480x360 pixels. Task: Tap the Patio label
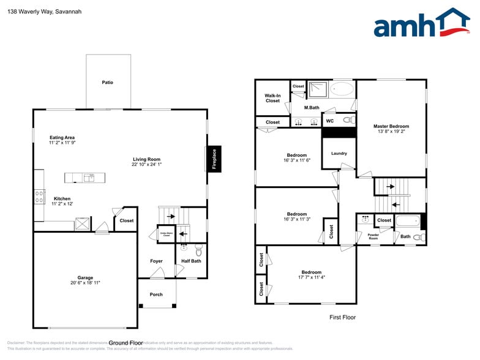108,82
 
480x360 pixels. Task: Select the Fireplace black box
214,159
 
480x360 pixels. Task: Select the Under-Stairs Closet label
166,234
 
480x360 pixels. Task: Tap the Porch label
156,294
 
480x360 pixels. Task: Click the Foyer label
156,261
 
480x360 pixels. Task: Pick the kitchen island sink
89,178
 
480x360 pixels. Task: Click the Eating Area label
62,138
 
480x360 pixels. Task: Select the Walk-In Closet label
272,98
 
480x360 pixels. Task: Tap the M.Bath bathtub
342,89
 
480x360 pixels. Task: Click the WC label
329,121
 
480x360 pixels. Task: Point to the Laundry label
339,154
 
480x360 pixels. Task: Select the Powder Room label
373,236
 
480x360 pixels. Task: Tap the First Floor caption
342,317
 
